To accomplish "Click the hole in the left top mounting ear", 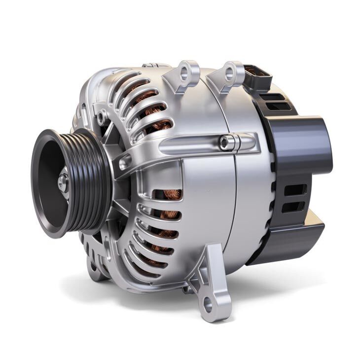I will click(x=185, y=74).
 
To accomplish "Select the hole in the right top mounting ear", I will click(x=230, y=73).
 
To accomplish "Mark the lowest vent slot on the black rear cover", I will click(x=294, y=207).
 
